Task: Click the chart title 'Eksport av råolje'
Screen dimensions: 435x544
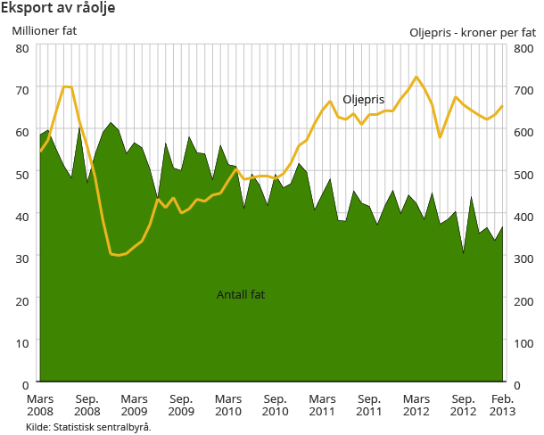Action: pyautogui.click(x=58, y=8)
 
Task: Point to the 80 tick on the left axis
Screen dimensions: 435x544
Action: pyautogui.click(x=23, y=47)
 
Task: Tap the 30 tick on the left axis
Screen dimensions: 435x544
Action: pyautogui.click(x=23, y=257)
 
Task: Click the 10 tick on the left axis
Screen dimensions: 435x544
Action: pyautogui.click(x=23, y=341)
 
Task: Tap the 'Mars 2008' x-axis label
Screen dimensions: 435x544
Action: pyautogui.click(x=41, y=406)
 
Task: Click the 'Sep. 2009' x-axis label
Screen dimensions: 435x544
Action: pyautogui.click(x=181, y=406)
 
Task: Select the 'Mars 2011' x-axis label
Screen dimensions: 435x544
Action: pyautogui.click(x=322, y=406)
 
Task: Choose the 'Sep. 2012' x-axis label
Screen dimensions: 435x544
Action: pyautogui.click(x=462, y=406)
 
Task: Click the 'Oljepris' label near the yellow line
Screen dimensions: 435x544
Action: pyautogui.click(x=363, y=99)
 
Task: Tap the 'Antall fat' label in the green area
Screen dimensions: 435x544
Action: pyautogui.click(x=241, y=294)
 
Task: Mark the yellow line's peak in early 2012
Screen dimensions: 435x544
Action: pyautogui.click(x=416, y=77)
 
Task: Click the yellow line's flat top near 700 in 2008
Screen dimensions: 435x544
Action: pyautogui.click(x=67, y=86)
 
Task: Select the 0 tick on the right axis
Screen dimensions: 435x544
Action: pyautogui.click(x=518, y=383)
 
